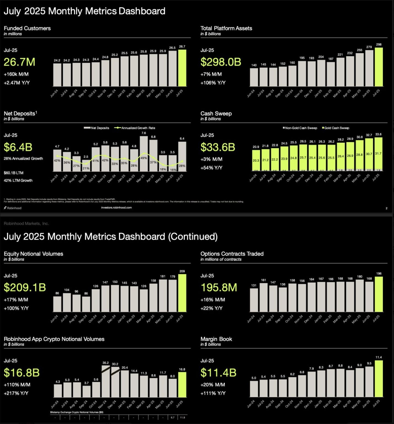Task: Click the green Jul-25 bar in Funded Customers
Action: [182, 68]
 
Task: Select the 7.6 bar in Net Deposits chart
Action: [144, 153]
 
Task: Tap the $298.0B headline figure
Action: [221, 62]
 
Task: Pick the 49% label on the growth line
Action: [144, 158]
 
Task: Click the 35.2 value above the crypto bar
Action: [106, 363]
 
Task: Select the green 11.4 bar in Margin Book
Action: [379, 379]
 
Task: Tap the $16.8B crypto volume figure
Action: [22, 373]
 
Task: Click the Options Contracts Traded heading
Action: [232, 254]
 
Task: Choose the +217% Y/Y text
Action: [16, 393]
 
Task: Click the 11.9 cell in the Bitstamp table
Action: [182, 417]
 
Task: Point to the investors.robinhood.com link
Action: [116, 208]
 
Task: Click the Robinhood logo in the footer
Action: [13, 208]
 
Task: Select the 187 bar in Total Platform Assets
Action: [331, 74]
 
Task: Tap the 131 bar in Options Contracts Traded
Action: [254, 300]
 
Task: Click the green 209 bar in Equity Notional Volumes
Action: [182, 293]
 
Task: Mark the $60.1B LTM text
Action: [14, 173]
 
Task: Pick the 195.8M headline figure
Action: [219, 288]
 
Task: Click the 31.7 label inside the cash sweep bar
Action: [378, 153]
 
